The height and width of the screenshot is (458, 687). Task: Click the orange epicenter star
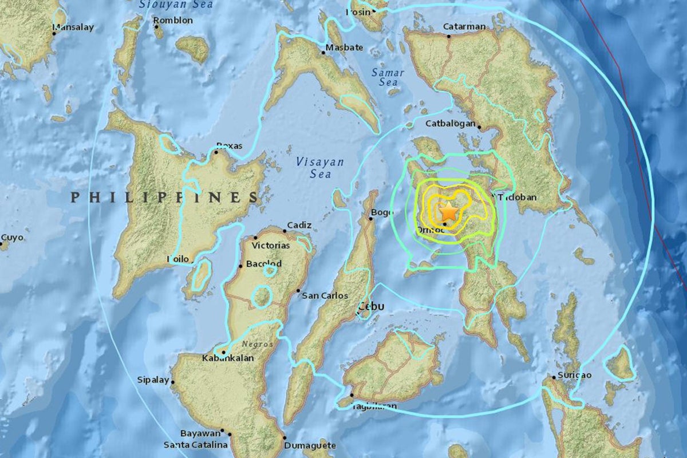pos(449,212)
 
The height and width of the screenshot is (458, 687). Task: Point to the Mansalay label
pos(73,27)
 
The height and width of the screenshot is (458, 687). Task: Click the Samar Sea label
pos(388,78)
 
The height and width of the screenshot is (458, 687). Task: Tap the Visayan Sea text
pos(320,168)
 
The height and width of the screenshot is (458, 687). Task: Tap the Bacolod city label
pos(263,263)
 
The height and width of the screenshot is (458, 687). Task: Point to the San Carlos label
pos(325,295)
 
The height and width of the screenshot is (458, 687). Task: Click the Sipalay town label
pos(153,380)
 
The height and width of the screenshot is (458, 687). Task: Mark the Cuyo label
pos(12,237)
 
